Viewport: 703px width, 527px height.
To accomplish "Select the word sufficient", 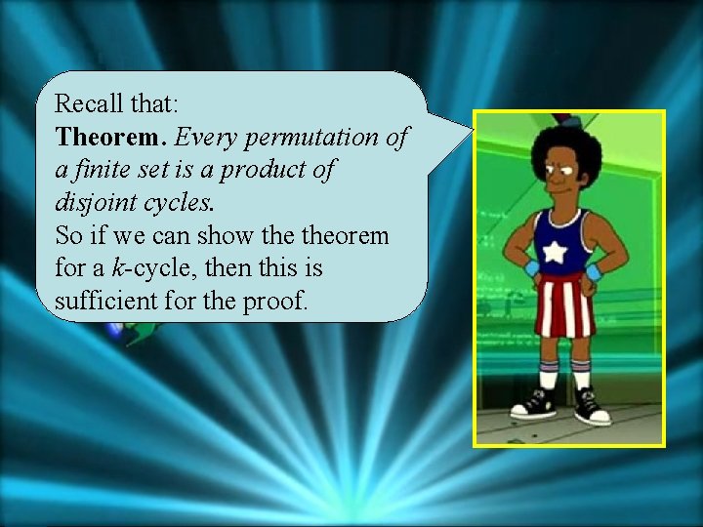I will [x=102, y=302].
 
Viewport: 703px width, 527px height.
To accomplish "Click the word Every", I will [x=202, y=137].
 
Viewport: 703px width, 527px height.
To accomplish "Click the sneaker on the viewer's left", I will [x=537, y=401].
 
